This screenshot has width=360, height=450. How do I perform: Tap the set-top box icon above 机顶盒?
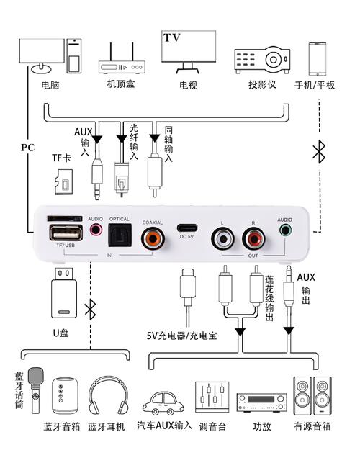120,57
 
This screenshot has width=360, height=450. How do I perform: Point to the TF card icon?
64,182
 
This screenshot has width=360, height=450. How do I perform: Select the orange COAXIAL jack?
153,235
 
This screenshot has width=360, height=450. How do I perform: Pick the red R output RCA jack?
253,237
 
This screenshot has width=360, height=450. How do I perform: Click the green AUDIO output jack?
286,232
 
